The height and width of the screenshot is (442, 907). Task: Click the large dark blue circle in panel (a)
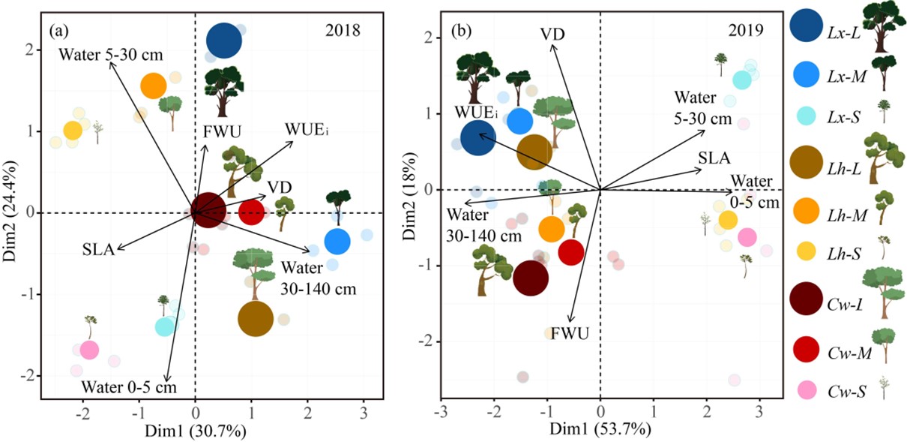coord(224,41)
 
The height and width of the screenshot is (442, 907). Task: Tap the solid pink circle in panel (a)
coord(90,350)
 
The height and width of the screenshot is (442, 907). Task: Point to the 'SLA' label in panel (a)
coord(97,250)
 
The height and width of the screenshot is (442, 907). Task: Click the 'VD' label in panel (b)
coord(552,34)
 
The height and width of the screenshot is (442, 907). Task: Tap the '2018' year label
coord(343,31)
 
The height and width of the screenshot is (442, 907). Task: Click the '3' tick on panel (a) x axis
coord(364,412)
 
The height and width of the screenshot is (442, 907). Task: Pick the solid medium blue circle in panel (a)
coord(337,242)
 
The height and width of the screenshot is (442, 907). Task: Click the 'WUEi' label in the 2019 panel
coord(474,113)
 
